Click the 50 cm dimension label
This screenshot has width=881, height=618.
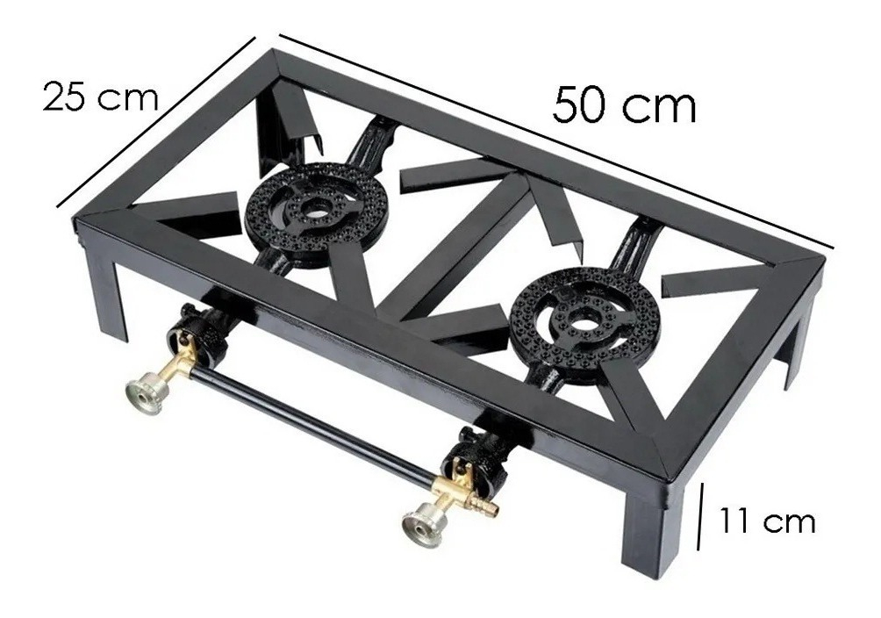[624, 106]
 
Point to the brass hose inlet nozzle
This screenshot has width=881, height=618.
[485, 507]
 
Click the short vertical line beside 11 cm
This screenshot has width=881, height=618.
[703, 519]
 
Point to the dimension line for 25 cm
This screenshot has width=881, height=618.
[155, 122]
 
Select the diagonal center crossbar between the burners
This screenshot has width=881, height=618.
[456, 246]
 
